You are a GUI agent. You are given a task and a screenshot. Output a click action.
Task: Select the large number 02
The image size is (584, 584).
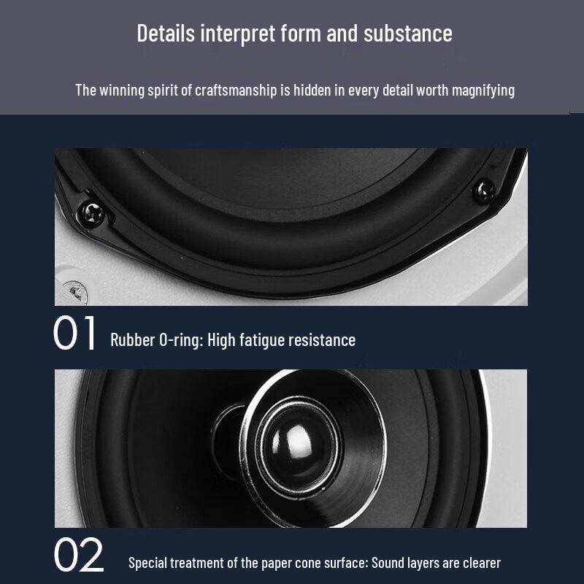[79, 556]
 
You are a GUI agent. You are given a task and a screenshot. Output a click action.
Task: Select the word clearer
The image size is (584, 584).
[480, 563]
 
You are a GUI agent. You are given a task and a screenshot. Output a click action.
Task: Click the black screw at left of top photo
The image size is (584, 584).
[94, 212]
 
